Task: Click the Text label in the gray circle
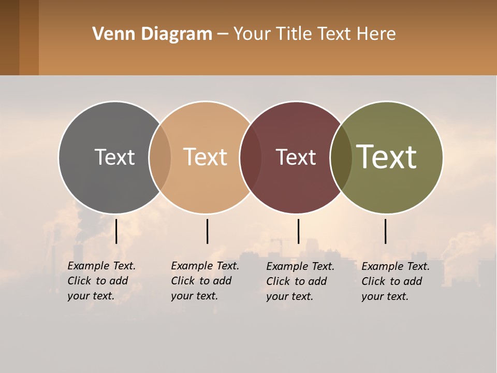pyautogui.click(x=114, y=157)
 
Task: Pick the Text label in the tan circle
pyautogui.click(x=206, y=157)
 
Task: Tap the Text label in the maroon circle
pyautogui.click(x=296, y=157)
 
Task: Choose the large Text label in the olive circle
pyautogui.click(x=387, y=157)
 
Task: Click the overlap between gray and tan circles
pyautogui.click(x=160, y=157)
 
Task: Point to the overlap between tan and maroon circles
pyautogui.click(x=251, y=157)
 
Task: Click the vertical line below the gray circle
pyautogui.click(x=116, y=231)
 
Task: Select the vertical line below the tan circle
pyautogui.click(x=207, y=231)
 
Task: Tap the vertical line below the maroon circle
pyautogui.click(x=298, y=231)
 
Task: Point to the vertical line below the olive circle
pyautogui.click(x=386, y=231)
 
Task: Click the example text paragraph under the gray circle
pyautogui.click(x=101, y=281)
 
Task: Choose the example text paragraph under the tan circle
pyautogui.click(x=205, y=281)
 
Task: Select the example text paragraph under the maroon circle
pyautogui.click(x=300, y=281)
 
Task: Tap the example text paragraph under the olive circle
pyautogui.click(x=396, y=281)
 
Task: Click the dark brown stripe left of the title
pyautogui.click(x=9, y=37)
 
